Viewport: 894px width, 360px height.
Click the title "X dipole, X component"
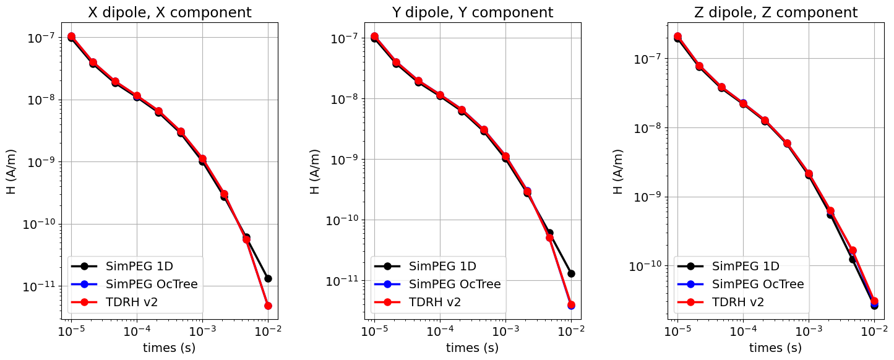tap(170, 12)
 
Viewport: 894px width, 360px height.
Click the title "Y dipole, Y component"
tap(473, 12)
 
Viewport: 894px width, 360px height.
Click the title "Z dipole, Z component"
tap(776, 12)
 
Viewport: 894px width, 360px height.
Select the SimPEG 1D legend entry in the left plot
tap(139, 267)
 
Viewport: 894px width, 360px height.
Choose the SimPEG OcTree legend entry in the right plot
tap(758, 284)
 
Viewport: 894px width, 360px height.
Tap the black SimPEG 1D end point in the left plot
tap(268, 278)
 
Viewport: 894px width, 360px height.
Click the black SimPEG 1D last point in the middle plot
tap(571, 273)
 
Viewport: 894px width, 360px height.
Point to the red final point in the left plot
tap(268, 306)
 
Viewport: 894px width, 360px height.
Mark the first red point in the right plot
tap(677, 37)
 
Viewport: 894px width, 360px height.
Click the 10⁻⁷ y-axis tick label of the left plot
tap(41, 38)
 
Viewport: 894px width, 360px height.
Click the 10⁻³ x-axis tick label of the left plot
tap(202, 332)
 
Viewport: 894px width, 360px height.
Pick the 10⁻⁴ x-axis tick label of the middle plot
tap(440, 332)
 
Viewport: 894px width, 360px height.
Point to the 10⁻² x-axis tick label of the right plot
tap(874, 332)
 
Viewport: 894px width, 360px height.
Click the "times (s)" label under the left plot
tap(170, 348)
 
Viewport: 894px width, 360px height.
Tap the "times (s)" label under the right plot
tap(776, 348)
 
